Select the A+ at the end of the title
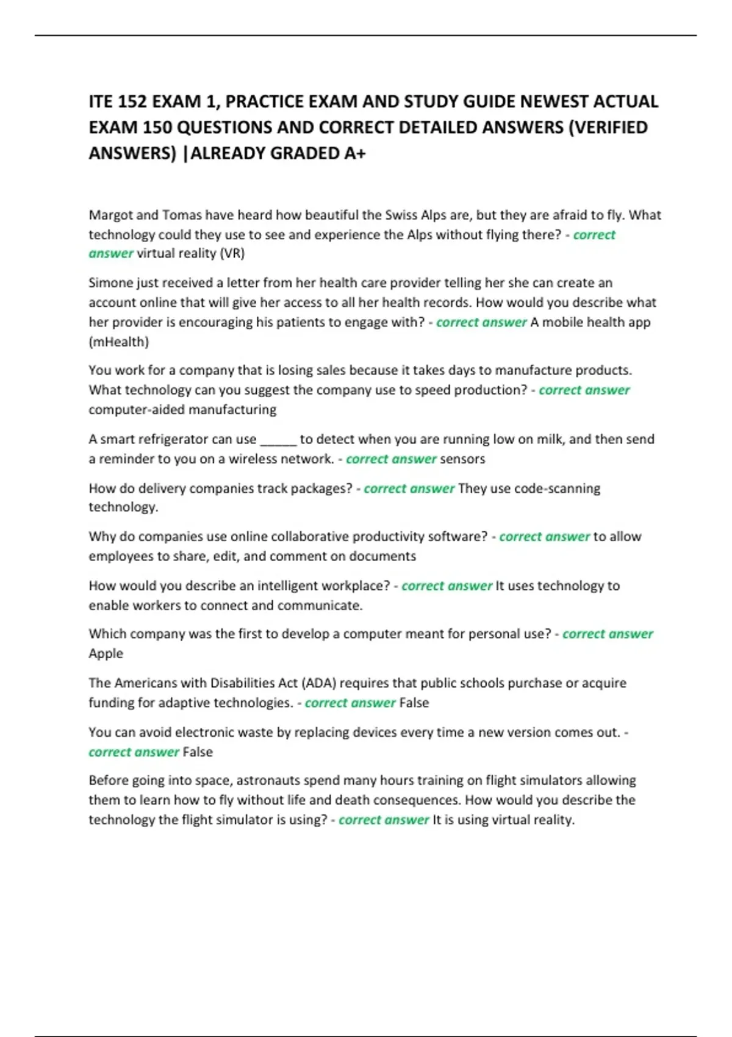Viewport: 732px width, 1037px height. coord(354,153)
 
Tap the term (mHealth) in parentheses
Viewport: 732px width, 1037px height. coord(118,342)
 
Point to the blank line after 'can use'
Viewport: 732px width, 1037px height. coord(278,440)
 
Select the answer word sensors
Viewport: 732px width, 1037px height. coord(462,459)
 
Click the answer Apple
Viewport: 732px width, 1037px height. coord(106,654)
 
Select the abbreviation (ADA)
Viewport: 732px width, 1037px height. coord(320,683)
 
